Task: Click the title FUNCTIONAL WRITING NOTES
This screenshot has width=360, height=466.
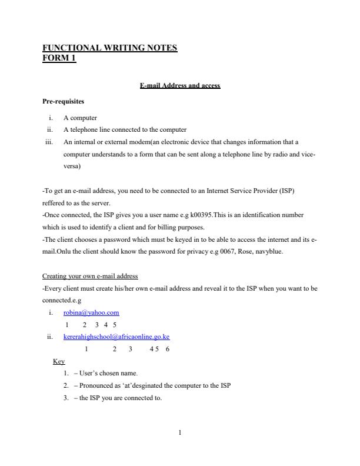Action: click(x=110, y=48)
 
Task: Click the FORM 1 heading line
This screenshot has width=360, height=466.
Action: click(x=59, y=58)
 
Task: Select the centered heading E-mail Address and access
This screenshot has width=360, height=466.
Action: click(x=180, y=85)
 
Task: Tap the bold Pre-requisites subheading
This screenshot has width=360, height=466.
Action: click(x=64, y=101)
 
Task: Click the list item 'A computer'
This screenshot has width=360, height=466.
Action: click(x=80, y=118)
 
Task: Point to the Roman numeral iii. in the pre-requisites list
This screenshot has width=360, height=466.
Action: click(x=49, y=142)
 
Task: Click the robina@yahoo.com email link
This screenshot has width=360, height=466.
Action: click(x=91, y=312)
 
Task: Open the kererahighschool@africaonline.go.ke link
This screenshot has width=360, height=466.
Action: click(x=116, y=337)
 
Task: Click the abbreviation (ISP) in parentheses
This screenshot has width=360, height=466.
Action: click(x=294, y=191)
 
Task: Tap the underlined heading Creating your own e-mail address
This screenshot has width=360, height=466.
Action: click(x=90, y=276)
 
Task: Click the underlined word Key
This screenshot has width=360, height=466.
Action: click(x=59, y=361)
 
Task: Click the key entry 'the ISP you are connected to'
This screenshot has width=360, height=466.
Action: click(x=118, y=398)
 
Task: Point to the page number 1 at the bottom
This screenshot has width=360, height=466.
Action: click(x=180, y=433)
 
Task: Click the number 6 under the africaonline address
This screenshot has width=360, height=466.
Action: click(x=168, y=349)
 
